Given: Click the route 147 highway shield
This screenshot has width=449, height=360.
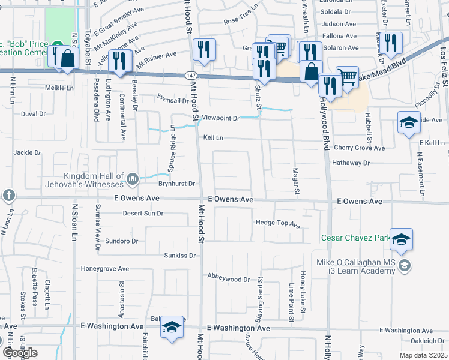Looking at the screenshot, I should click(190, 74).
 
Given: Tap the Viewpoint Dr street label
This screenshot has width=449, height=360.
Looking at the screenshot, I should click(220, 118).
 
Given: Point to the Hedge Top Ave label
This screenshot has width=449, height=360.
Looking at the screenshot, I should click(277, 224).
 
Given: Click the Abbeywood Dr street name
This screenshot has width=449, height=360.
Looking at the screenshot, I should click(229, 279).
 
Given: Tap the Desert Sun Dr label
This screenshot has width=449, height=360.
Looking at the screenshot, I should click(143, 213).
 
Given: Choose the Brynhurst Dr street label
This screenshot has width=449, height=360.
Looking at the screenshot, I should click(177, 184).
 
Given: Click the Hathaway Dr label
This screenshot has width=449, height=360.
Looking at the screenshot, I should click(351, 163).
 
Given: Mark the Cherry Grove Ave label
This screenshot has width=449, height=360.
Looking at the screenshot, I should click(358, 148).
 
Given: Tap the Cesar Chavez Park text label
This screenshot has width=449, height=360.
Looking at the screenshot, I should click(355, 238).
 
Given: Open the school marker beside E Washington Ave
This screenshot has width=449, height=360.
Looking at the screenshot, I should click(172, 328).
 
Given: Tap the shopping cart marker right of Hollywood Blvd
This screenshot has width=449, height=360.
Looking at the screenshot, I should click(347, 76).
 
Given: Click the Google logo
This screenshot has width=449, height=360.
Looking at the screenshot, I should click(20, 353).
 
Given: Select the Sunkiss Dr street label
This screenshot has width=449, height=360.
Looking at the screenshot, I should click(180, 256).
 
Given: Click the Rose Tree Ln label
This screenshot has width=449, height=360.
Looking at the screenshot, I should click(240, 20).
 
